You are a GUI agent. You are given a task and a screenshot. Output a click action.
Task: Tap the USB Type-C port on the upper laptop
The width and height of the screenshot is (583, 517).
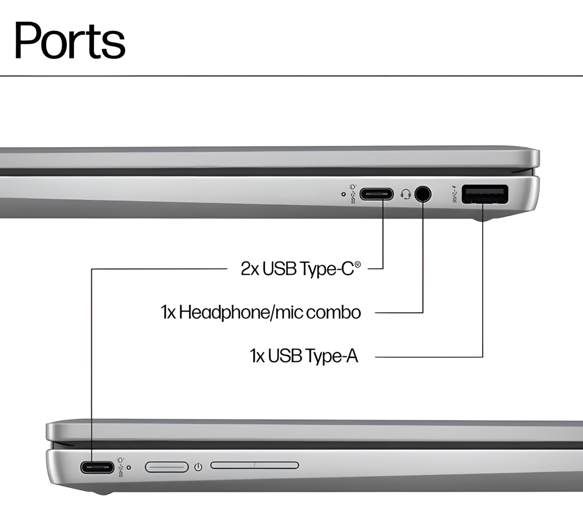coord(376,194)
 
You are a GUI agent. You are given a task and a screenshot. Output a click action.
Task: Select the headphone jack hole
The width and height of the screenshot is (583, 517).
coord(423,194)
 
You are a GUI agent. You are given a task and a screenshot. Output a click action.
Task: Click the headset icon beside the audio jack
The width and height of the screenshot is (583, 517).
coord(405,194)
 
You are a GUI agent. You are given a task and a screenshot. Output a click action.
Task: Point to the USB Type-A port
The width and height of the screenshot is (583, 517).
coord(485,194)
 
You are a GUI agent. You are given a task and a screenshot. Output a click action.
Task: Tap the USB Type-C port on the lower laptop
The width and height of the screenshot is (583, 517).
coord(97,467)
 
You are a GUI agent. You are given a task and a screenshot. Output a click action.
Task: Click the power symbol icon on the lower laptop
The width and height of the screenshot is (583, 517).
coord(198,467)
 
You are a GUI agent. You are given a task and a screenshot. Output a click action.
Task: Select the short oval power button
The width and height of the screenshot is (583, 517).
coord(167,467)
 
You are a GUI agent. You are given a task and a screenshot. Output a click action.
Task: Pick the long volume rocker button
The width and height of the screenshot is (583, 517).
coord(255,465)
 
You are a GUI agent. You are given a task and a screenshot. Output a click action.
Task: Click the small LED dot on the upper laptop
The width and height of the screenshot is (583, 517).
coord(343,194)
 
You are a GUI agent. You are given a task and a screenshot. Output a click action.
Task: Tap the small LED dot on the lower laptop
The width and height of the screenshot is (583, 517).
coord(129,467)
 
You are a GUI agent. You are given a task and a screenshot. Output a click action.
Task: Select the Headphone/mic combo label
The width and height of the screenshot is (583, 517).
coord(261,312)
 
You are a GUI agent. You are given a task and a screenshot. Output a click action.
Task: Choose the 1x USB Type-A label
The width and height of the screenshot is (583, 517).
coord(304,356)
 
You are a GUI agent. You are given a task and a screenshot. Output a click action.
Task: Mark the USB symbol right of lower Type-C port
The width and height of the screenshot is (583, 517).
coord(121,468)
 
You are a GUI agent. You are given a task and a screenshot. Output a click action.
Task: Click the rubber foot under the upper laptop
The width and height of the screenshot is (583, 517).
coord(483,219)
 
